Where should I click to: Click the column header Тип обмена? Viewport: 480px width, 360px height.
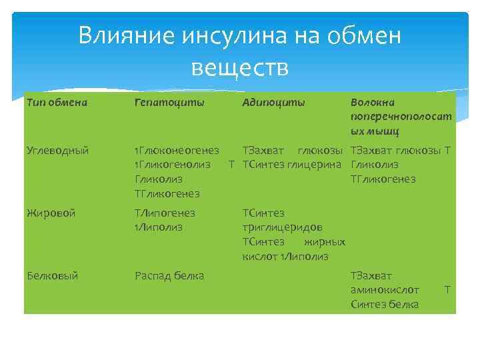pyautogui.click(x=57, y=103)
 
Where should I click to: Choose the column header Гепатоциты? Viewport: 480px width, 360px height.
pyautogui.click(x=169, y=103)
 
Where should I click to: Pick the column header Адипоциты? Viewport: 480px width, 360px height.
pyautogui.click(x=273, y=103)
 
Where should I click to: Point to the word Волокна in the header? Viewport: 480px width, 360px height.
pyautogui.click(x=372, y=103)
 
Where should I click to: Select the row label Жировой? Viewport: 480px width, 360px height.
pyautogui.click(x=51, y=213)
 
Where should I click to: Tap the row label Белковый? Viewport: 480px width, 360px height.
pyautogui.click(x=53, y=275)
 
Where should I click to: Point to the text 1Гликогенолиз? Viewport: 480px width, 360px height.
pyautogui.click(x=173, y=165)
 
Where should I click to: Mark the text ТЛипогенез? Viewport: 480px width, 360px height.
pyautogui.click(x=165, y=213)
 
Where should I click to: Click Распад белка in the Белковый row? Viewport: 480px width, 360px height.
pyautogui.click(x=169, y=275)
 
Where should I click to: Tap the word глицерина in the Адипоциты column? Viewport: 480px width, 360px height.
pyautogui.click(x=316, y=165)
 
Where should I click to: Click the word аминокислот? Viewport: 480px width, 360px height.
pyautogui.click(x=384, y=289)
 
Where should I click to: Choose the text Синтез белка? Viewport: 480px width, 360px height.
pyautogui.click(x=384, y=304)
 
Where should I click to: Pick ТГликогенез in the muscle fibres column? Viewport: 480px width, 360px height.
pyautogui.click(x=383, y=179)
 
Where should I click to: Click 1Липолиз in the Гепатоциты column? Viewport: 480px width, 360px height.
pyautogui.click(x=158, y=227)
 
